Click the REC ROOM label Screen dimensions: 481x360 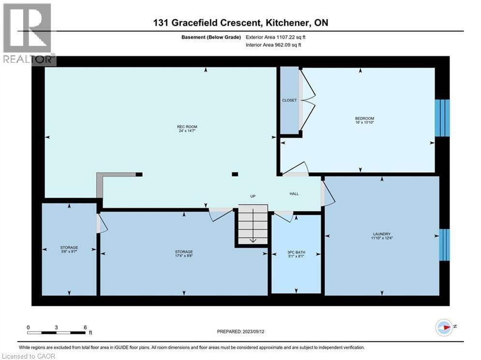187,127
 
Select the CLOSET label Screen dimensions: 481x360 289,100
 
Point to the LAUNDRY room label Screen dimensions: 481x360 381,234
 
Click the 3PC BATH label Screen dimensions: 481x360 296,252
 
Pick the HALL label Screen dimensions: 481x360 294,194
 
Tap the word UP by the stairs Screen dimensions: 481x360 253,196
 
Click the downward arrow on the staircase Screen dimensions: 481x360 253,226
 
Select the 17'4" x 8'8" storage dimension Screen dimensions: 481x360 184,255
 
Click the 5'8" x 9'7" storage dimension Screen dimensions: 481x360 69,251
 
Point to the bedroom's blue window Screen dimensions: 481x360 442,118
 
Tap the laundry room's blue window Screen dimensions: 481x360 444,245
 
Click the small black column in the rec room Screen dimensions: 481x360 235,174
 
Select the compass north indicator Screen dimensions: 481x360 444,328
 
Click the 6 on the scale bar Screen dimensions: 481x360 85,328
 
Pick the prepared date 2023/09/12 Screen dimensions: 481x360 253,331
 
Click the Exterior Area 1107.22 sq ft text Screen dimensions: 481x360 276,37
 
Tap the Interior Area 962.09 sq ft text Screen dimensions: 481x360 273,45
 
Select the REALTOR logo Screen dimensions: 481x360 29,34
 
